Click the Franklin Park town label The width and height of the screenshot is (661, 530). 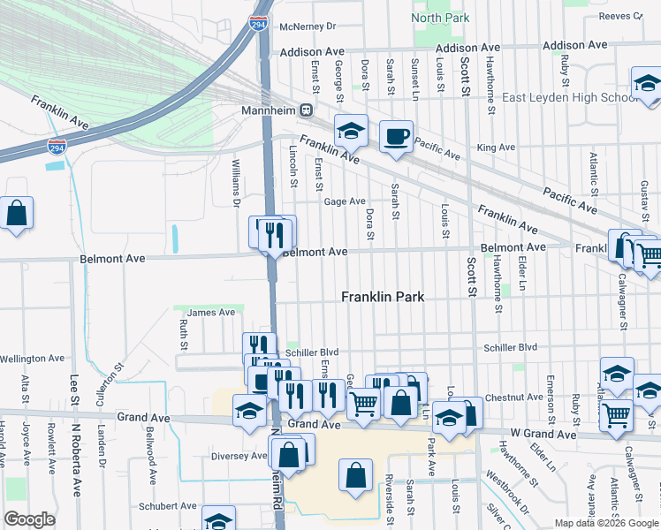click(383, 298)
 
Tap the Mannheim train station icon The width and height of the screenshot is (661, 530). click(307, 111)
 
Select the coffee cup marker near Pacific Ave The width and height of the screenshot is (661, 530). click(396, 137)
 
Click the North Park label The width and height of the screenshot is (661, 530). click(440, 18)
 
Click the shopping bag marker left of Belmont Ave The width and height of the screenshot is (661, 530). click(16, 213)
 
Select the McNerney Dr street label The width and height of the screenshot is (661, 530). click(308, 26)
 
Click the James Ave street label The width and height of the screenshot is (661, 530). click(211, 312)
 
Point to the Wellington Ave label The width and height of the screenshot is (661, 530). click(33, 359)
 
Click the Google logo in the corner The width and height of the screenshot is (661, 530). click(29, 519)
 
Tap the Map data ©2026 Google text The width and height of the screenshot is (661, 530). click(605, 523)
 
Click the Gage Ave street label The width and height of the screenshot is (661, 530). click(345, 201)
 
